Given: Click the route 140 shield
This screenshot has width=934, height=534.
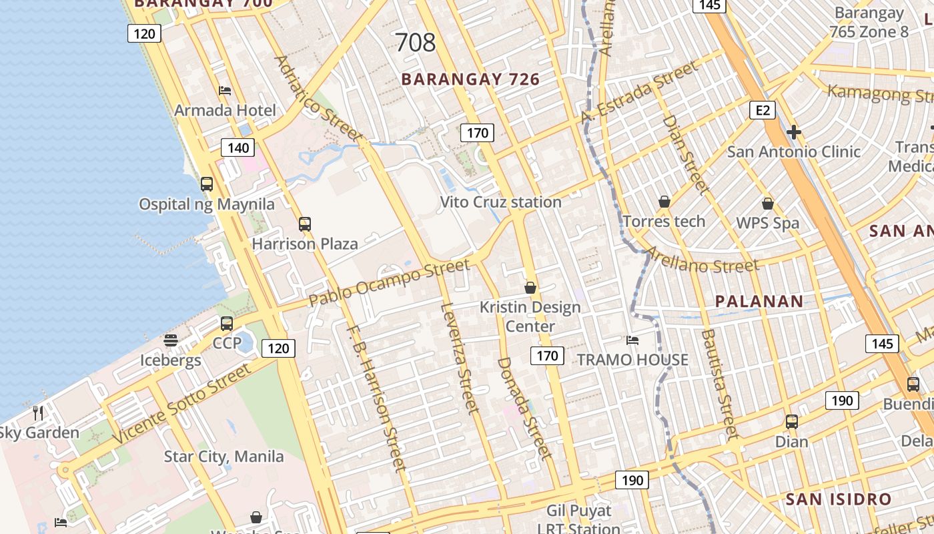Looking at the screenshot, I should pos(238,148).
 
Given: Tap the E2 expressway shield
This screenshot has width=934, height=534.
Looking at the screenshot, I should pos(762,110).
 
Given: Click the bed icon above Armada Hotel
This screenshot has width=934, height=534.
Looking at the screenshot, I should pos(225,91).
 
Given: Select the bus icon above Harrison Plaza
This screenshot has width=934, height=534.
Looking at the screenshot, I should pos(305,224).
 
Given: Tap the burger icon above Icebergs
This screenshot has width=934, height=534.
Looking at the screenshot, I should pos(170,340).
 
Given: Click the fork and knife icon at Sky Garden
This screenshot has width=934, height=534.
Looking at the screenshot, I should pos(38,413).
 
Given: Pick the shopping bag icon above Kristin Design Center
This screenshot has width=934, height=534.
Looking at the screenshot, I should pos(530,288).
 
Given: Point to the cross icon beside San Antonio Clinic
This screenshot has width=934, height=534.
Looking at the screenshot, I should pos(793,132).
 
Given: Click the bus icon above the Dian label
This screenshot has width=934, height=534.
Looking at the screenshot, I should pos(791,422).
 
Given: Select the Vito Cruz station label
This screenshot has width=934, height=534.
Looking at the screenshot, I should pos(500,202).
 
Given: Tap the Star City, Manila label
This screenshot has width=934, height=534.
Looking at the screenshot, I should pos(224,457).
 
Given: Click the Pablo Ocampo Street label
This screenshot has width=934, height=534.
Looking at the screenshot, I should pos(389,283).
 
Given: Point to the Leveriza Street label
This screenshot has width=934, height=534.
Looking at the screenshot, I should pos(460,357).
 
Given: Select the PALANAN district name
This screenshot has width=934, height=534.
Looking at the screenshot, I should pos(759,301).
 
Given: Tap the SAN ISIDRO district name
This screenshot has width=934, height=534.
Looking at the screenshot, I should pos(838,499).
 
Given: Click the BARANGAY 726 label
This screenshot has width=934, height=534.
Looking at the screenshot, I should pos(470,79).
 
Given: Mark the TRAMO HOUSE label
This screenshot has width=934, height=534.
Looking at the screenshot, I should pos(632,360).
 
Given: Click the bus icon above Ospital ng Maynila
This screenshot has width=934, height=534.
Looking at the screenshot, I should pos(207,184).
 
